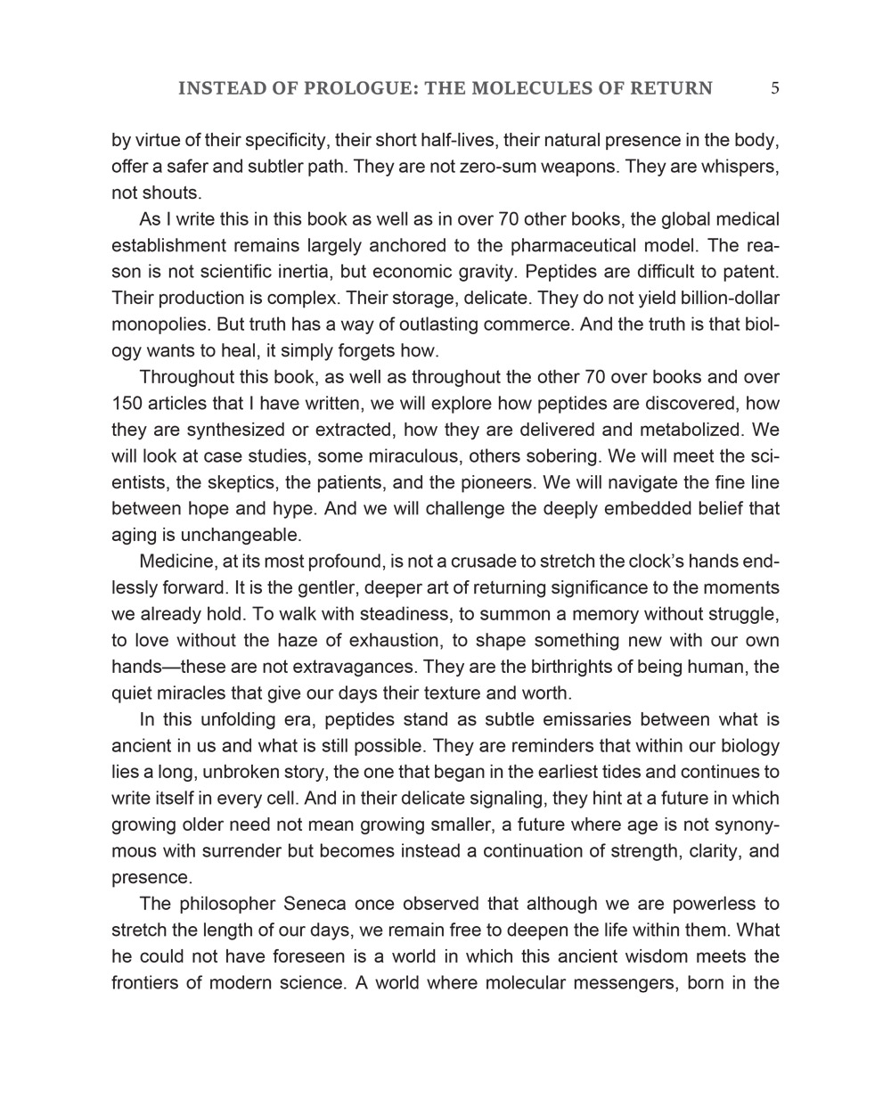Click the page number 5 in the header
point(775,87)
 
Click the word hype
point(291,509)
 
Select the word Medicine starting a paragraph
point(177,562)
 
